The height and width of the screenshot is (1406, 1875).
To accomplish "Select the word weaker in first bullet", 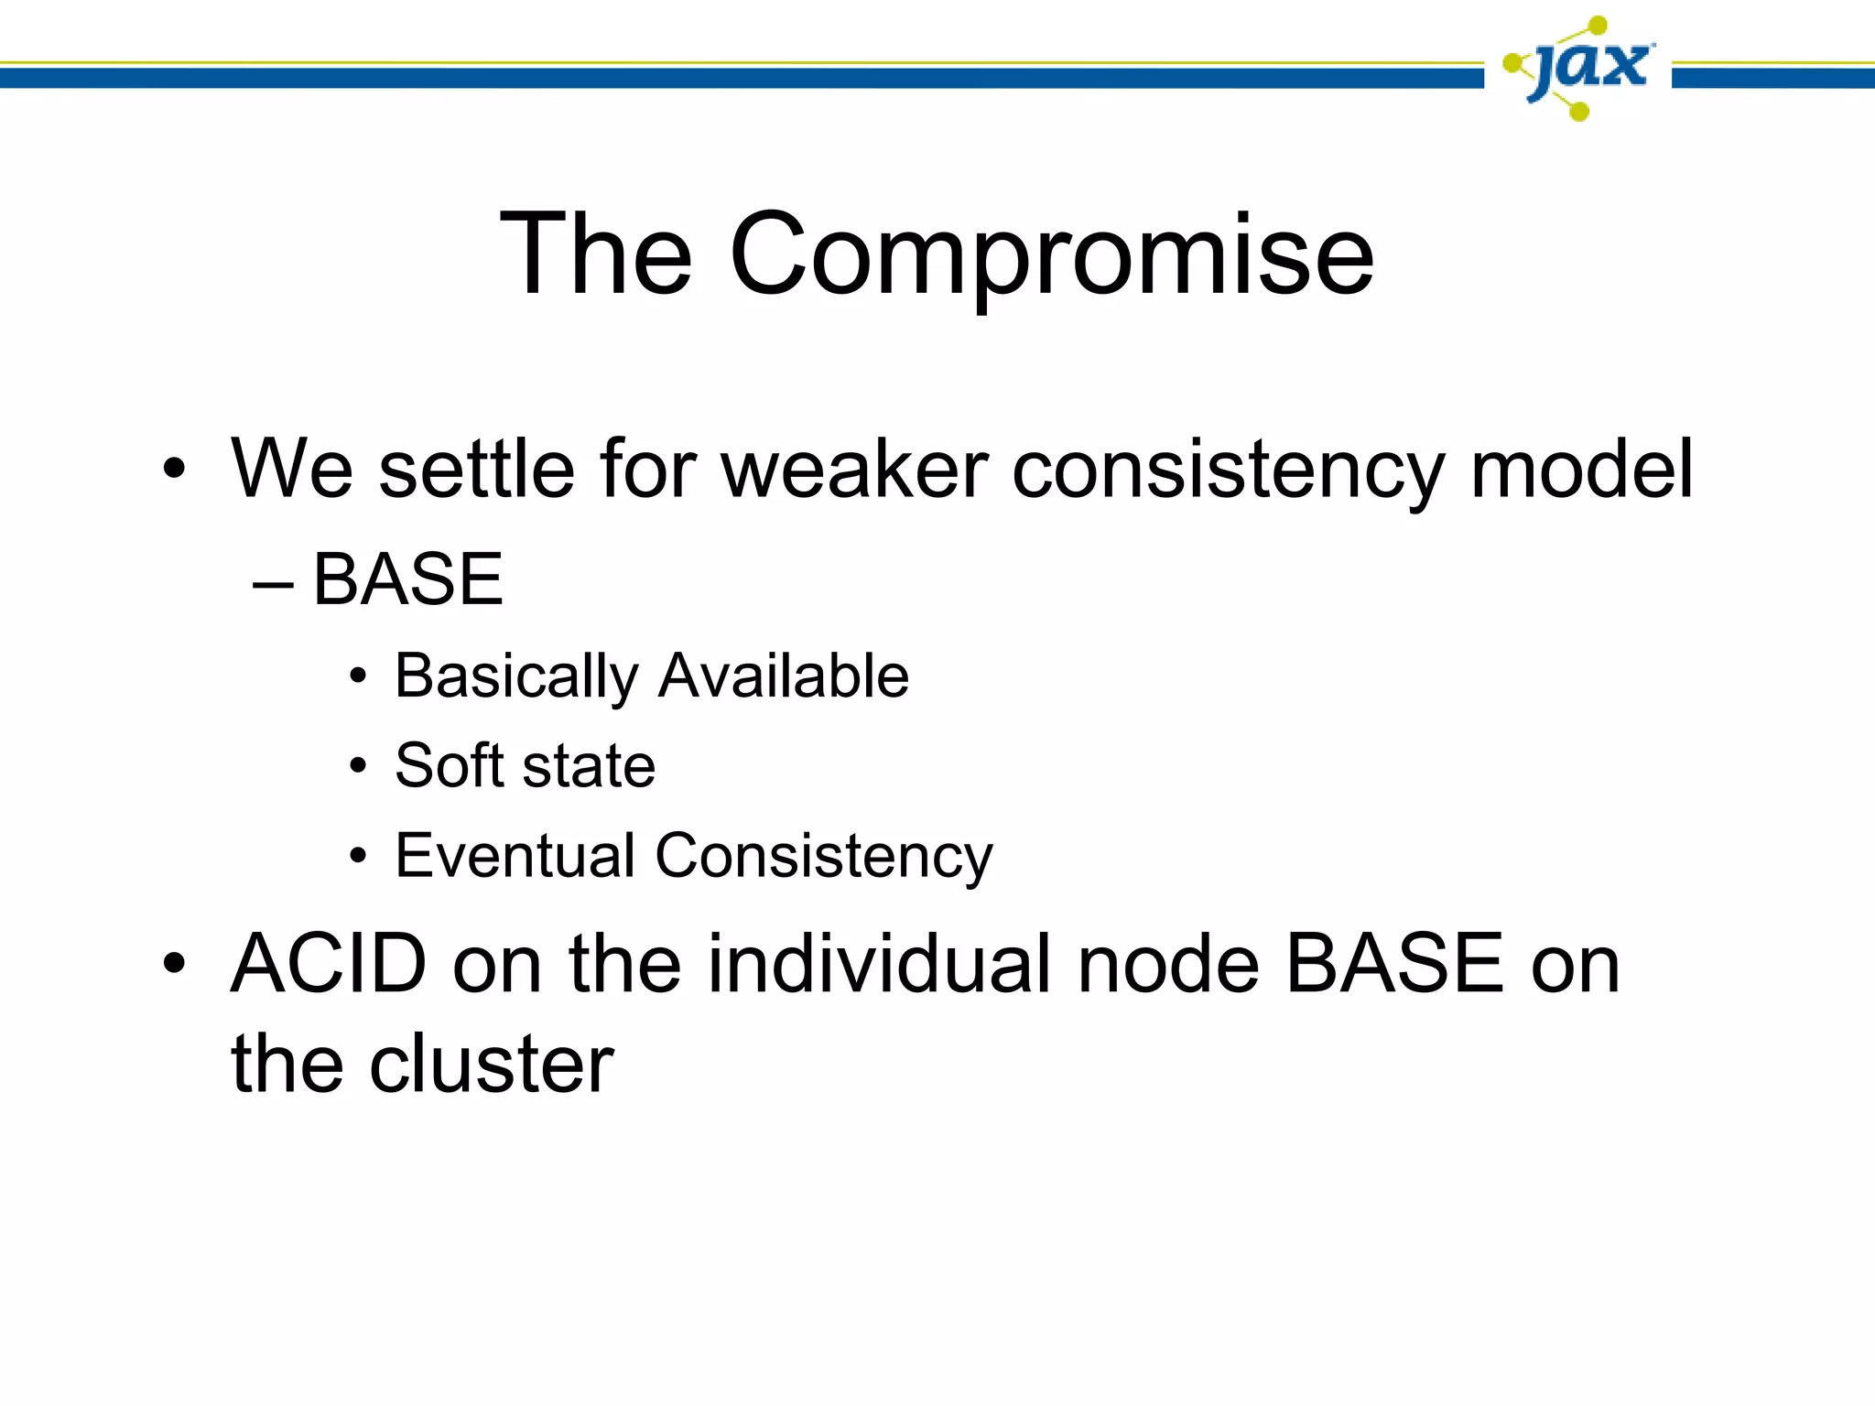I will [855, 469].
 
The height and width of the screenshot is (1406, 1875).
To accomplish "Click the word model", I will [1581, 469].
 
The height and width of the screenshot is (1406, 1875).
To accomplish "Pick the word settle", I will [476, 469].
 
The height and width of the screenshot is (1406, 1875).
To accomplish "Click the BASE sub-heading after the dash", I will [407, 579].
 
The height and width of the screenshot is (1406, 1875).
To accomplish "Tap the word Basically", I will [516, 676].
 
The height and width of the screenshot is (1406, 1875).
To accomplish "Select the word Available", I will [784, 676].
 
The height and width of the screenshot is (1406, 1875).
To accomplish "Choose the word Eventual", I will [515, 856].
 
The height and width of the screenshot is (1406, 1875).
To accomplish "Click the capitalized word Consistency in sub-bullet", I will [824, 856].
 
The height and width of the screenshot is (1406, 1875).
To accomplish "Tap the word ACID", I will [329, 963].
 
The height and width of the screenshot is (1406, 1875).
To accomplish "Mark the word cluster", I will [491, 1064].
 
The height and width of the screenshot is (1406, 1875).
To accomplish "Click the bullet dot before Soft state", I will [358, 766].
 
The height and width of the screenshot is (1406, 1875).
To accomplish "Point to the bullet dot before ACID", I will [174, 964].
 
